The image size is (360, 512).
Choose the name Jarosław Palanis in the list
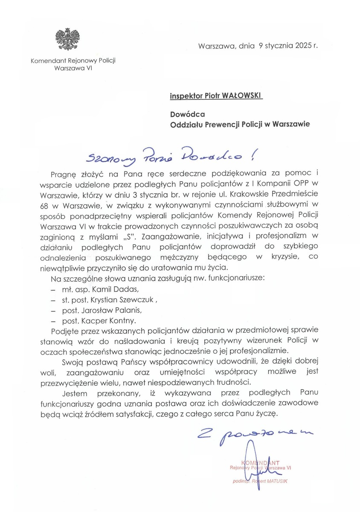pos(111,310)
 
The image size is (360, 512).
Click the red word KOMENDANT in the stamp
pos(260,463)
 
